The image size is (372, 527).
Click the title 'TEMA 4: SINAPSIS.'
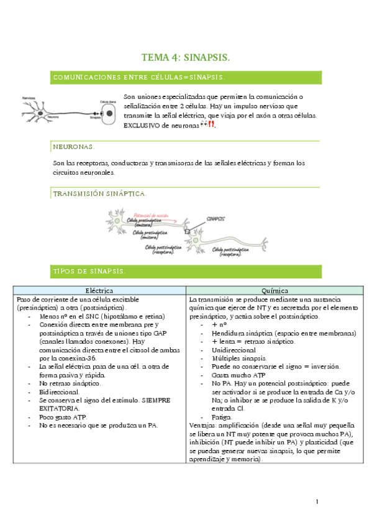tap(186, 58)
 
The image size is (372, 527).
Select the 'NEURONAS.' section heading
tap(75, 147)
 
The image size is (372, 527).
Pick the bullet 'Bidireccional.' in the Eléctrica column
tap(60, 393)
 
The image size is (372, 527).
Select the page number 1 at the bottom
tap(317, 502)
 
